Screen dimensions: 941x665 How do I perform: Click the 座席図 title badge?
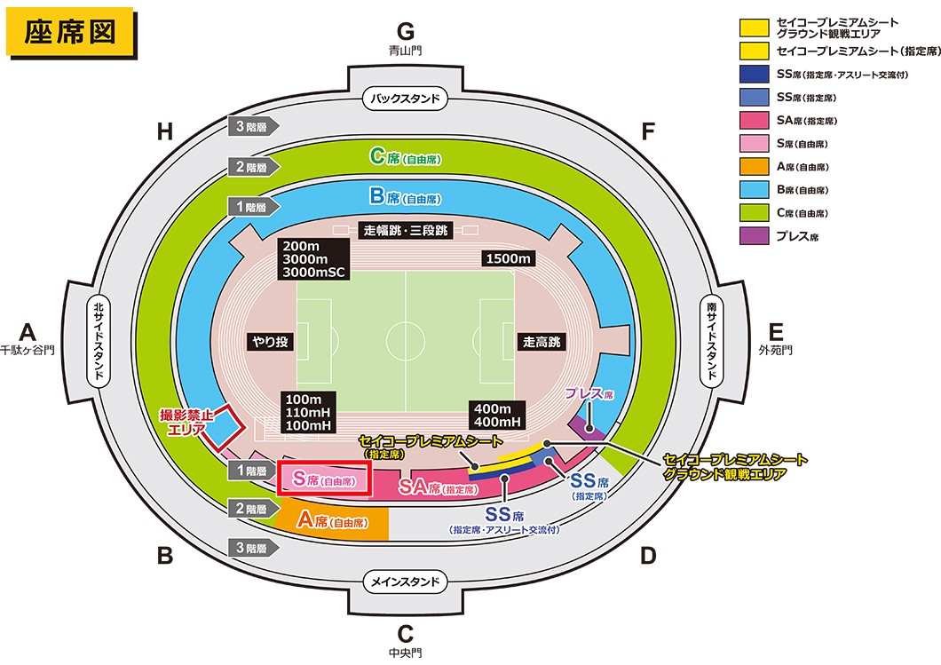pyautogui.click(x=70, y=32)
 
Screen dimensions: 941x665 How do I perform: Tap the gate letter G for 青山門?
pyautogui.click(x=406, y=30)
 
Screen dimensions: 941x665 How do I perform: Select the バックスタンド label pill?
pyautogui.click(x=405, y=99)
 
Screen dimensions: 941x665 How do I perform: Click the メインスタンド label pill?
pyautogui.click(x=405, y=581)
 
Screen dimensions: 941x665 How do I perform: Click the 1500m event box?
pyautogui.click(x=509, y=258)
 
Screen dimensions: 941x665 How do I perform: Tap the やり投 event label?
pyautogui.click(x=270, y=342)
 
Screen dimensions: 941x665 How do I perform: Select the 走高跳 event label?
pyautogui.click(x=542, y=342)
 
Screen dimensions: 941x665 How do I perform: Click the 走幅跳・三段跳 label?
pyautogui.click(x=406, y=230)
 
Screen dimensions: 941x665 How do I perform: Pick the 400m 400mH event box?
pyautogui.click(x=497, y=416)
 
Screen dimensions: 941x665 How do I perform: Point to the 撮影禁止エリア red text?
pyautogui.click(x=186, y=422)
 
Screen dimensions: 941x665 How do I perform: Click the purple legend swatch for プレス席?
pyautogui.click(x=755, y=236)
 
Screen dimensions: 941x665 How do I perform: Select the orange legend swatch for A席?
pyautogui.click(x=755, y=166)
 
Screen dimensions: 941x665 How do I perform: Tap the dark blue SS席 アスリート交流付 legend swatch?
pyautogui.click(x=755, y=74)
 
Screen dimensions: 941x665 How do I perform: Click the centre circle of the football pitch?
pyautogui.click(x=406, y=342)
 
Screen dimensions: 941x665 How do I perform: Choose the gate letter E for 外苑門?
pyautogui.click(x=776, y=332)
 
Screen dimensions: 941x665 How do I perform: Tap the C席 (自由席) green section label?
pyautogui.click(x=406, y=157)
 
